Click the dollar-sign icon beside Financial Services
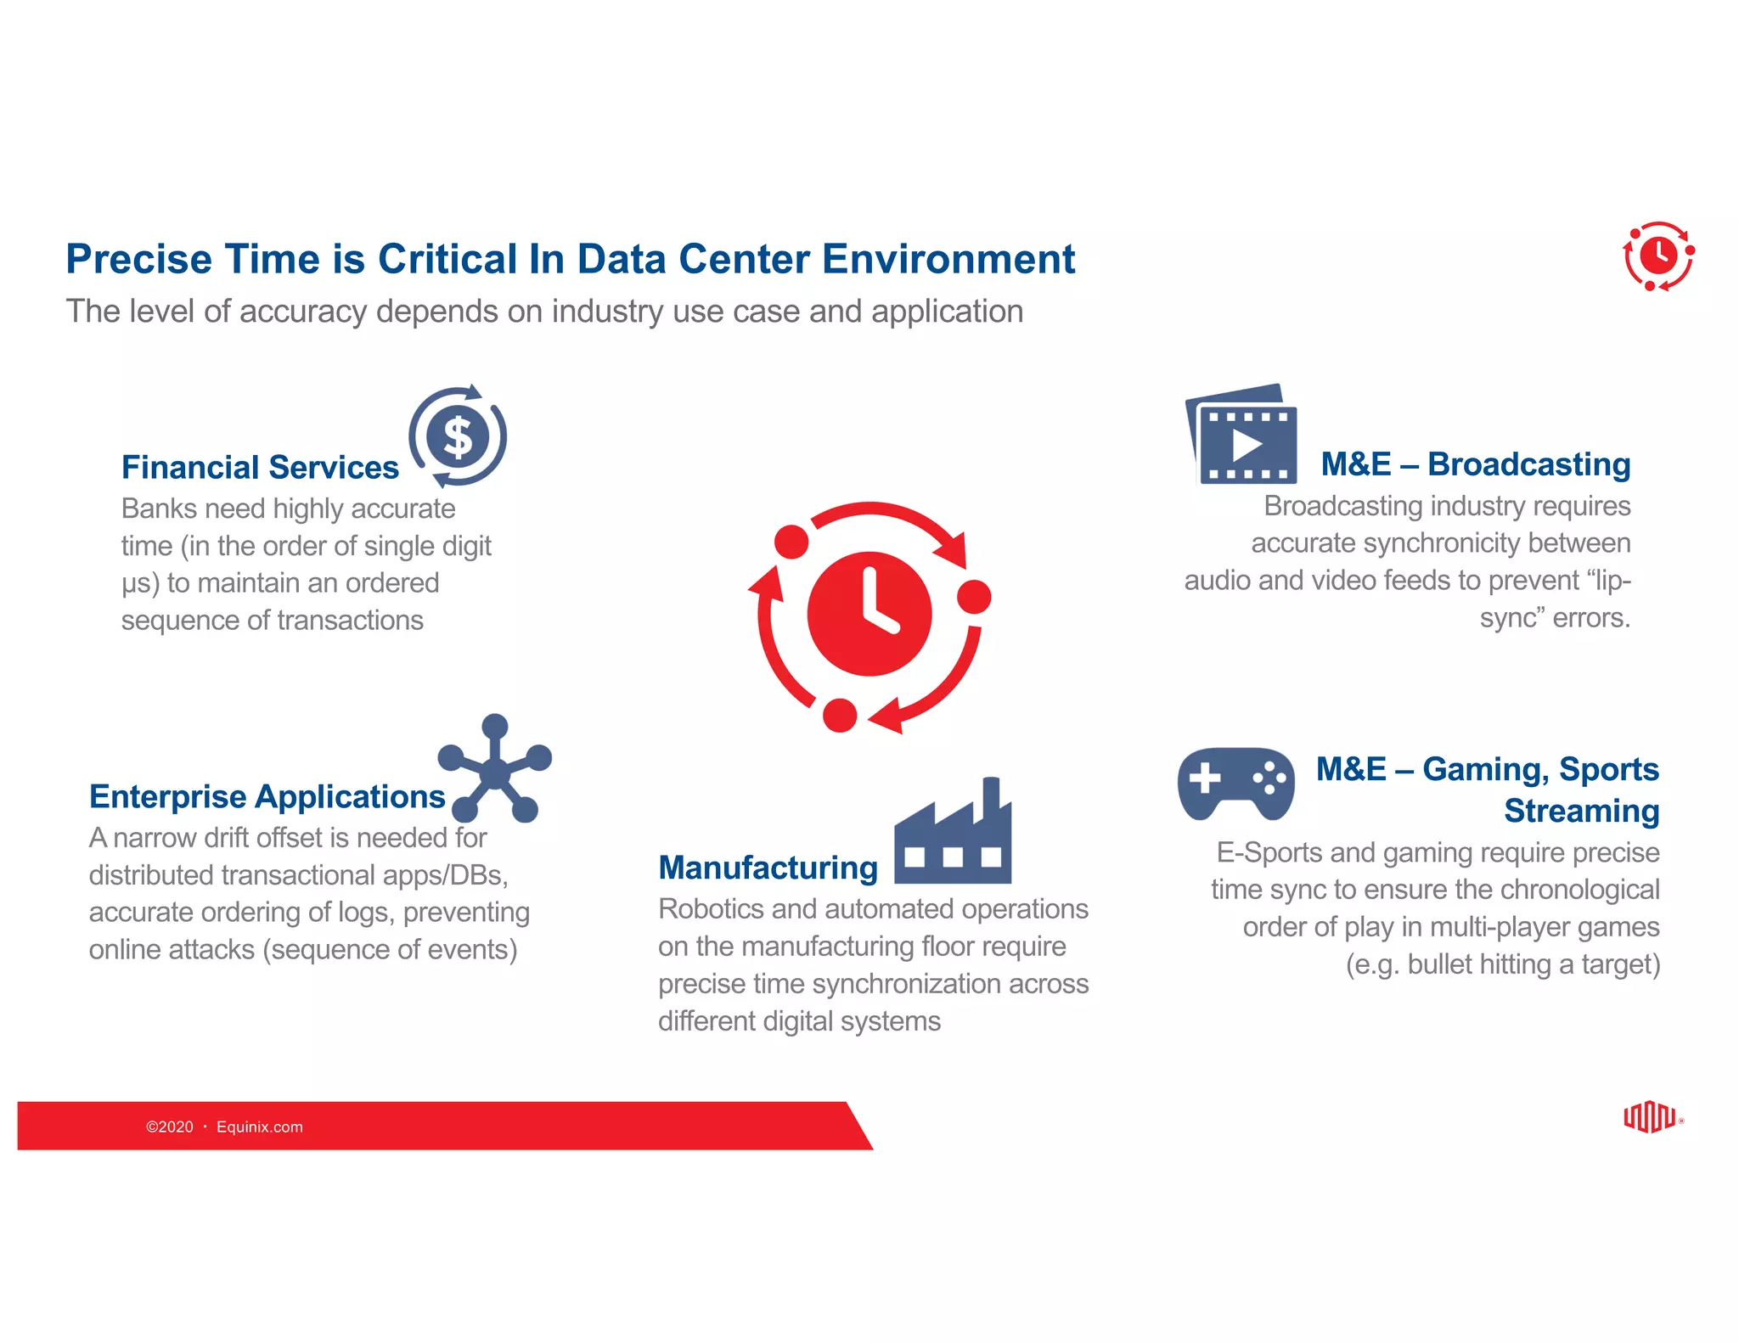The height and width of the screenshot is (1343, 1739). pyautogui.click(x=458, y=436)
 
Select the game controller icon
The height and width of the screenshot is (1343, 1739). pyautogui.click(x=1235, y=782)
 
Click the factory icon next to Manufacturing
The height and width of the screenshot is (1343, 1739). pyautogui.click(x=953, y=836)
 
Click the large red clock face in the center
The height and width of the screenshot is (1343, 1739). pyautogui.click(x=869, y=614)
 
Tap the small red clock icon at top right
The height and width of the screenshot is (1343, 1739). pyautogui.click(x=1657, y=255)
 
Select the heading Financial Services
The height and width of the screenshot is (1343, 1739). pyautogui.click(x=260, y=467)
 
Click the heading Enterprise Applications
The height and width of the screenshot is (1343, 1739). pyautogui.click(x=267, y=796)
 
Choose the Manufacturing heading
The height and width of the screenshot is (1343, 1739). pyautogui.click(x=768, y=868)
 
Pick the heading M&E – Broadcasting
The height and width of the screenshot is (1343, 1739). pyautogui.click(x=1475, y=464)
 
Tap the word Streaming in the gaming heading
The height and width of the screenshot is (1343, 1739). pyautogui.click(x=1581, y=811)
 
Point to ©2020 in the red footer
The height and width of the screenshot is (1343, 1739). pyautogui.click(x=170, y=1127)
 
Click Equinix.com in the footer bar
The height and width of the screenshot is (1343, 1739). pyautogui.click(x=259, y=1127)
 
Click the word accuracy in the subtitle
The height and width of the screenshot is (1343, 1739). pyautogui.click(x=303, y=312)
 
